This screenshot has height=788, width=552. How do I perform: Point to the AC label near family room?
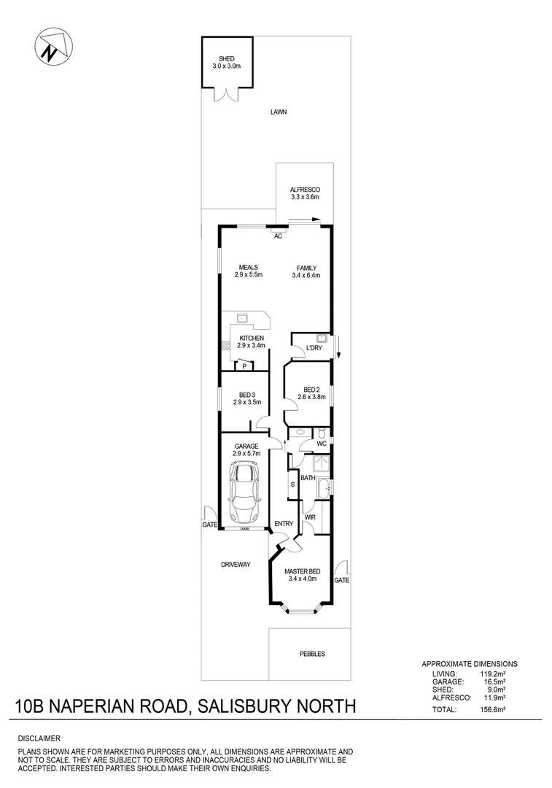pos(278,236)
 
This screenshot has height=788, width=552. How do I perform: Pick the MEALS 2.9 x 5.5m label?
pos(248,271)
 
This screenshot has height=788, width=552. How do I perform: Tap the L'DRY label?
pos(314,348)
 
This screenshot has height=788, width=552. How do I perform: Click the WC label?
pos(320,444)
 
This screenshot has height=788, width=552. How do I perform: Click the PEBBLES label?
pos(312,654)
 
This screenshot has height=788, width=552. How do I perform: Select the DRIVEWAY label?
pos(236,565)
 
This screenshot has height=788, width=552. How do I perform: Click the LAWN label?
pos(278,112)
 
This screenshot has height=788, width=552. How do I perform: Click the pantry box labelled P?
pos(244,366)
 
